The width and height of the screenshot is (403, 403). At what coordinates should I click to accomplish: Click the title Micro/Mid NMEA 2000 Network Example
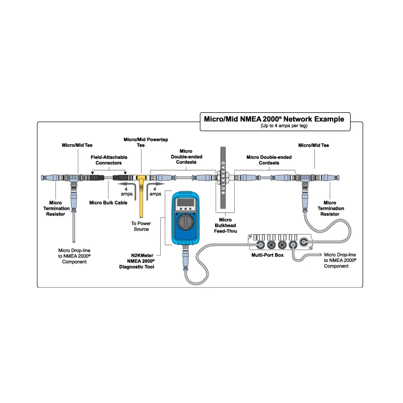pos(274,119)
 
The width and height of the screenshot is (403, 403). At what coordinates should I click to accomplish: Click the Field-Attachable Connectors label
pos(109,160)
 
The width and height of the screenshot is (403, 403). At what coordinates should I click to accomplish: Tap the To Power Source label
pos(142,226)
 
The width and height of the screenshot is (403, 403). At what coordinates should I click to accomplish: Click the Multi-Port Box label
pos(268,255)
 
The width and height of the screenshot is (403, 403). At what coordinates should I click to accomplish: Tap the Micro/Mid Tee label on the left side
pos(76,145)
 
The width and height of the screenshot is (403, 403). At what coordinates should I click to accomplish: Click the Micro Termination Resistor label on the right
pos(331,208)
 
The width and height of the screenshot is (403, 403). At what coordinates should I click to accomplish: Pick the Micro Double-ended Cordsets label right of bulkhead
pos(263,160)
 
